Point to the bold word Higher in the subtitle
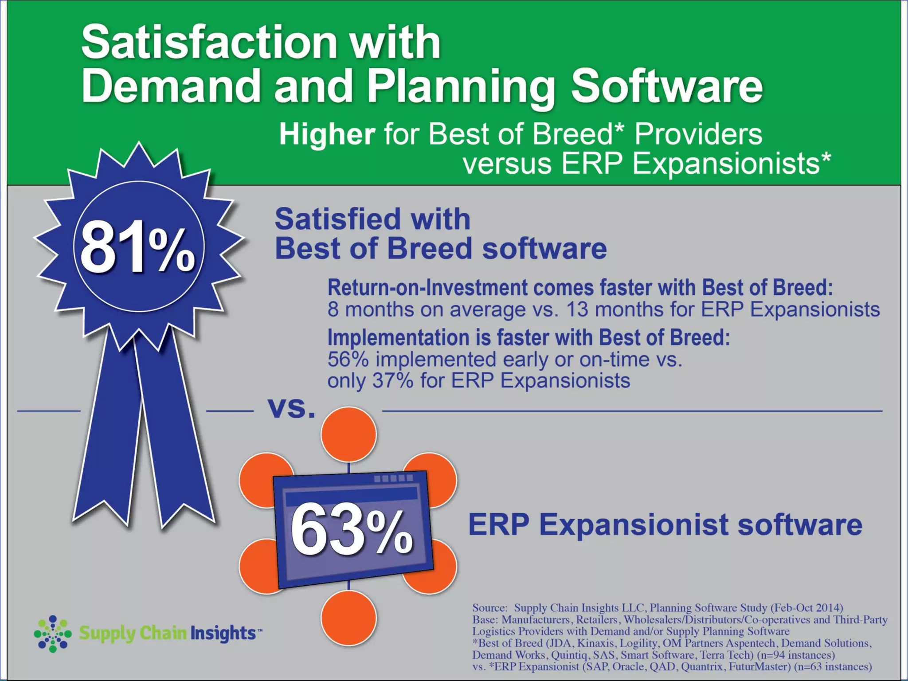tap(327, 134)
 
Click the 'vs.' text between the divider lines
tap(291, 408)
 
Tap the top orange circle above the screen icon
tap(348, 434)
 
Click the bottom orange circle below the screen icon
tap(348, 618)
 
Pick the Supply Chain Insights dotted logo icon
tap(53, 634)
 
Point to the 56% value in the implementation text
tap(348, 360)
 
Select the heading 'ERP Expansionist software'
tap(665, 524)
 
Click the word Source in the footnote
tap(489, 608)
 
